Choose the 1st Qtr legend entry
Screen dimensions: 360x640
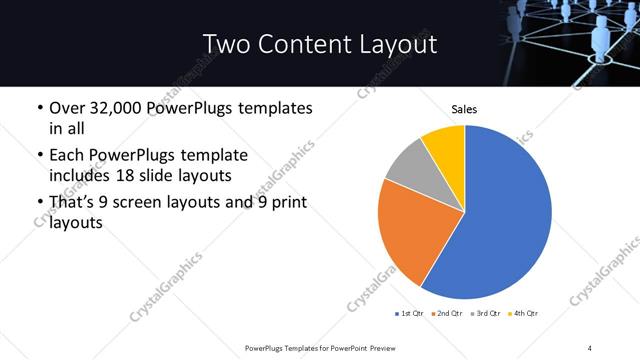pyautogui.click(x=411, y=314)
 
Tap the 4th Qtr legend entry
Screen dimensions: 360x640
pyautogui.click(x=523, y=314)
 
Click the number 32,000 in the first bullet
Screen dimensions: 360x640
pyautogui.click(x=124, y=108)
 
